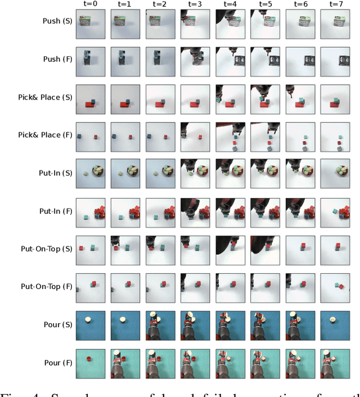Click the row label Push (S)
(x=57, y=21)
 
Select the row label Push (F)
(x=57, y=59)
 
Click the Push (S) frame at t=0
(x=90, y=22)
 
